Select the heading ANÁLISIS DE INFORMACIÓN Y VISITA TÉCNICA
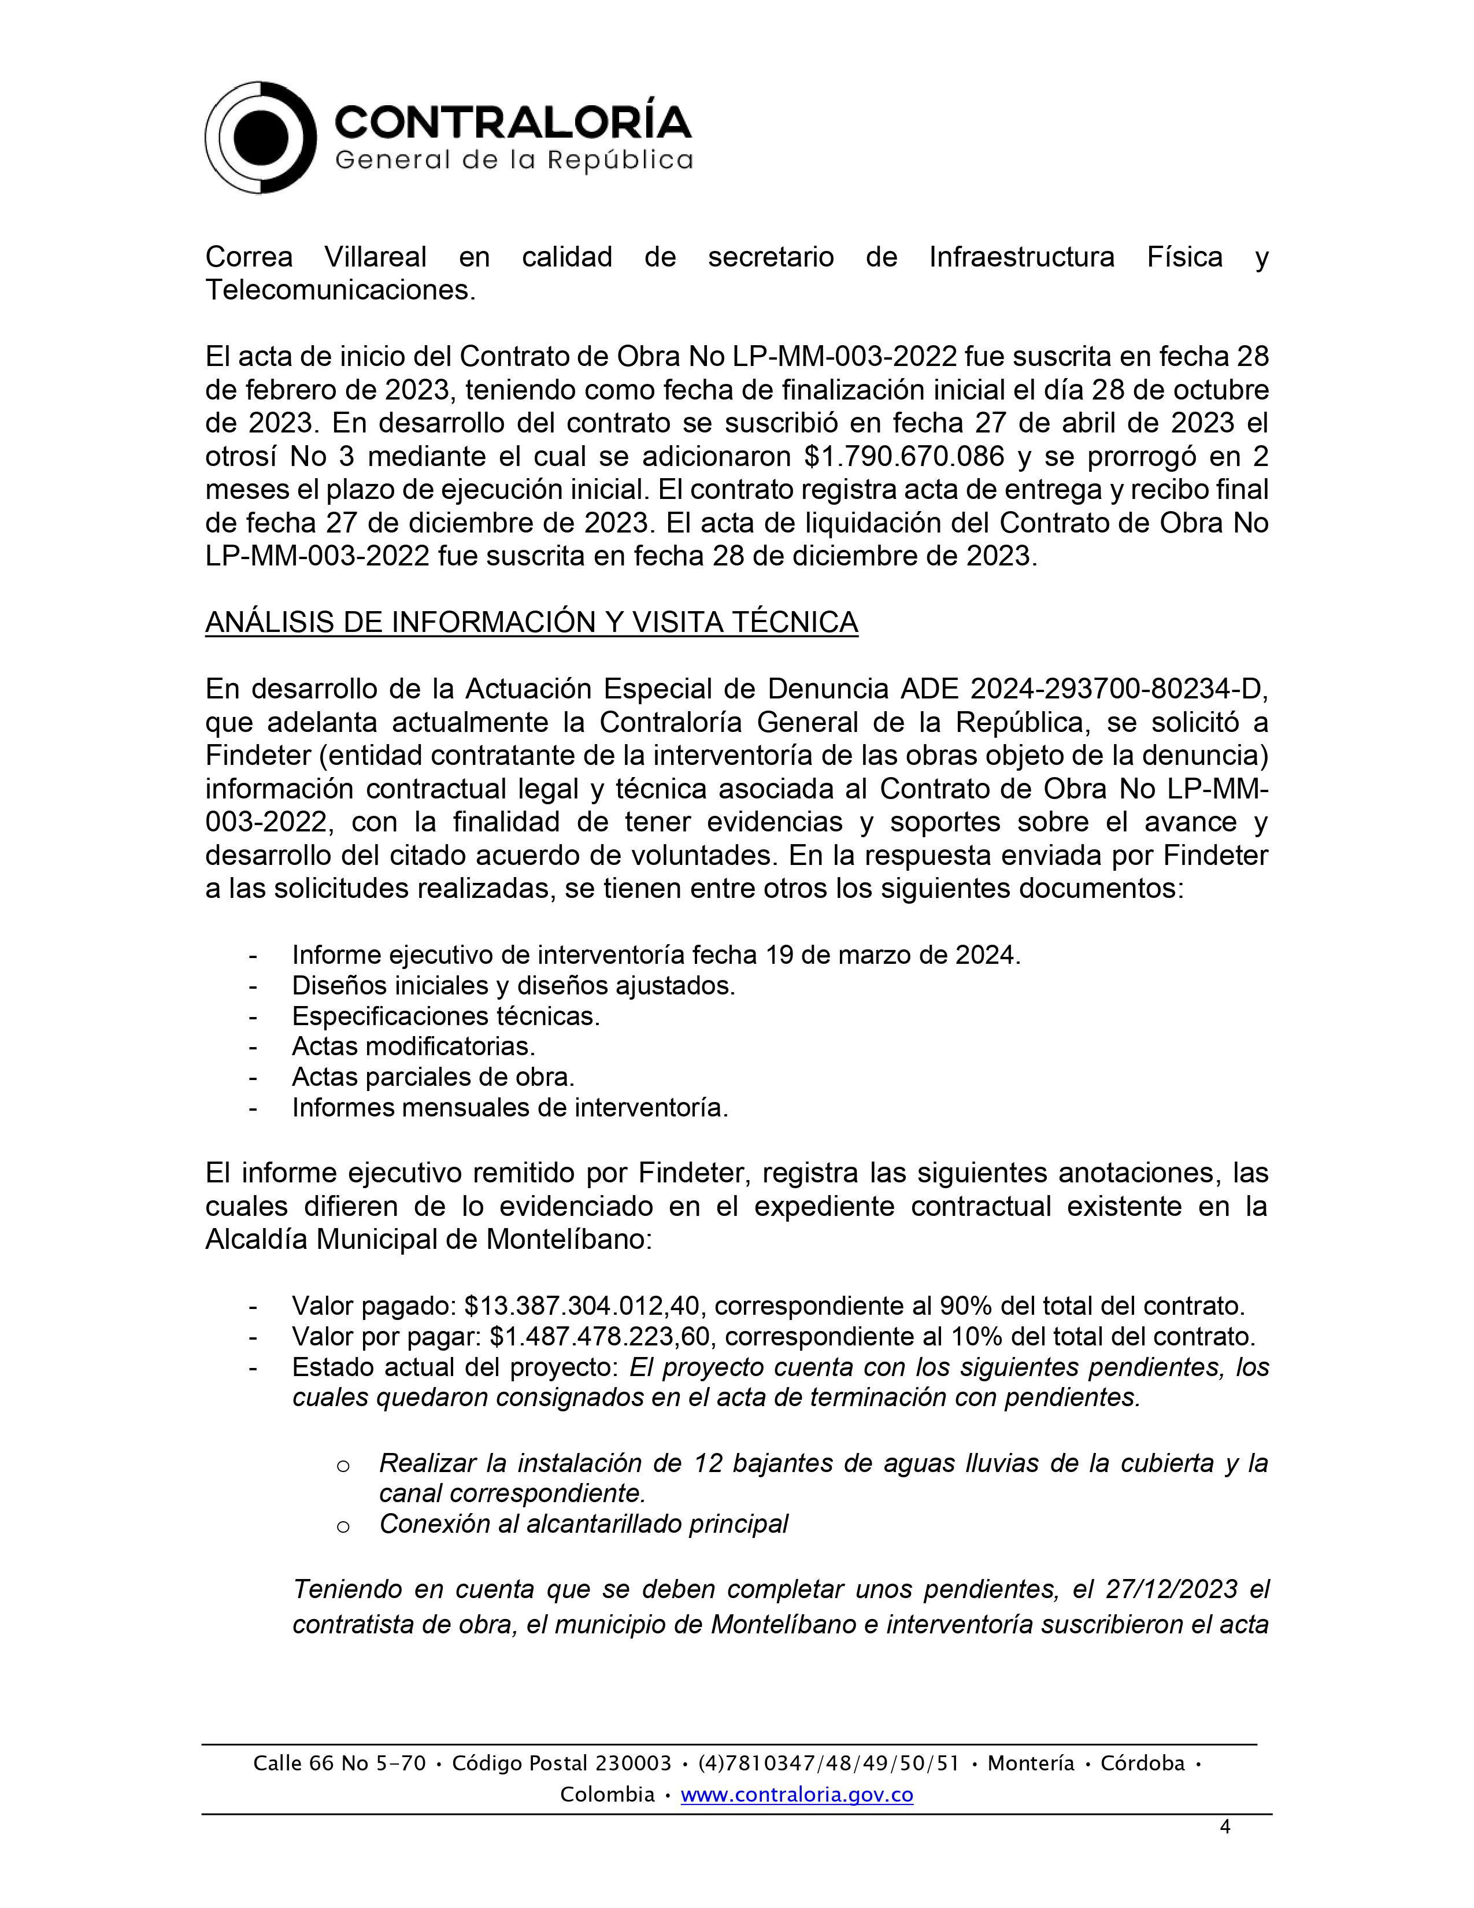point(531,623)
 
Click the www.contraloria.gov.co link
point(797,1795)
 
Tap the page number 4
point(1225,1826)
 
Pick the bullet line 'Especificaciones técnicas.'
point(445,1016)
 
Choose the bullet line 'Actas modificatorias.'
point(413,1046)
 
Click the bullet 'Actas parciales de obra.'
point(433,1077)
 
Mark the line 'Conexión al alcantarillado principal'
point(583,1524)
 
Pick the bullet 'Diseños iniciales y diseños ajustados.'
point(513,985)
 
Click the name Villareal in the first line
point(376,257)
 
